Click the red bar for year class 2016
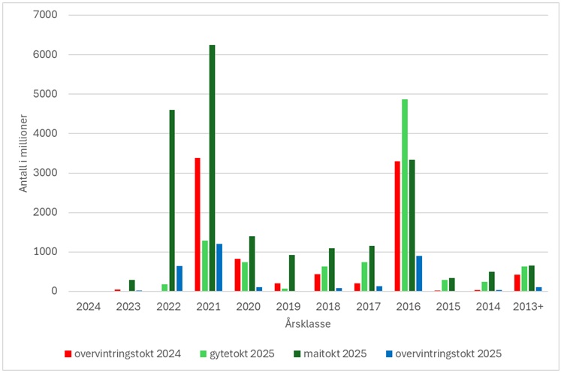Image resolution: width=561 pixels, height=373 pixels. (x=397, y=226)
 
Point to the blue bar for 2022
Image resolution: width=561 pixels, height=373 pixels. (x=179, y=278)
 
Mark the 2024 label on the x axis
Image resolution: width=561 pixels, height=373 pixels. (x=89, y=307)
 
